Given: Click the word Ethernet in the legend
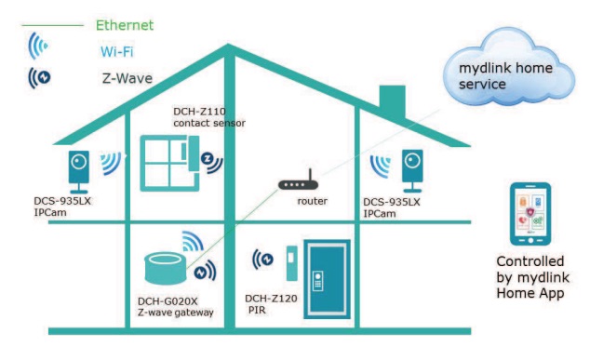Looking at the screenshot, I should click(124, 25).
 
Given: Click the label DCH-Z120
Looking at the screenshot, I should click(270, 300).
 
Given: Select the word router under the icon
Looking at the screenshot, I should click(313, 201).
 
